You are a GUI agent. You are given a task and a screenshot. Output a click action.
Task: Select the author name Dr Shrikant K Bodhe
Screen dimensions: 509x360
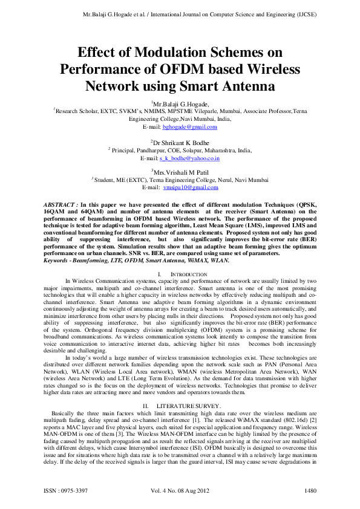(x=181, y=142)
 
